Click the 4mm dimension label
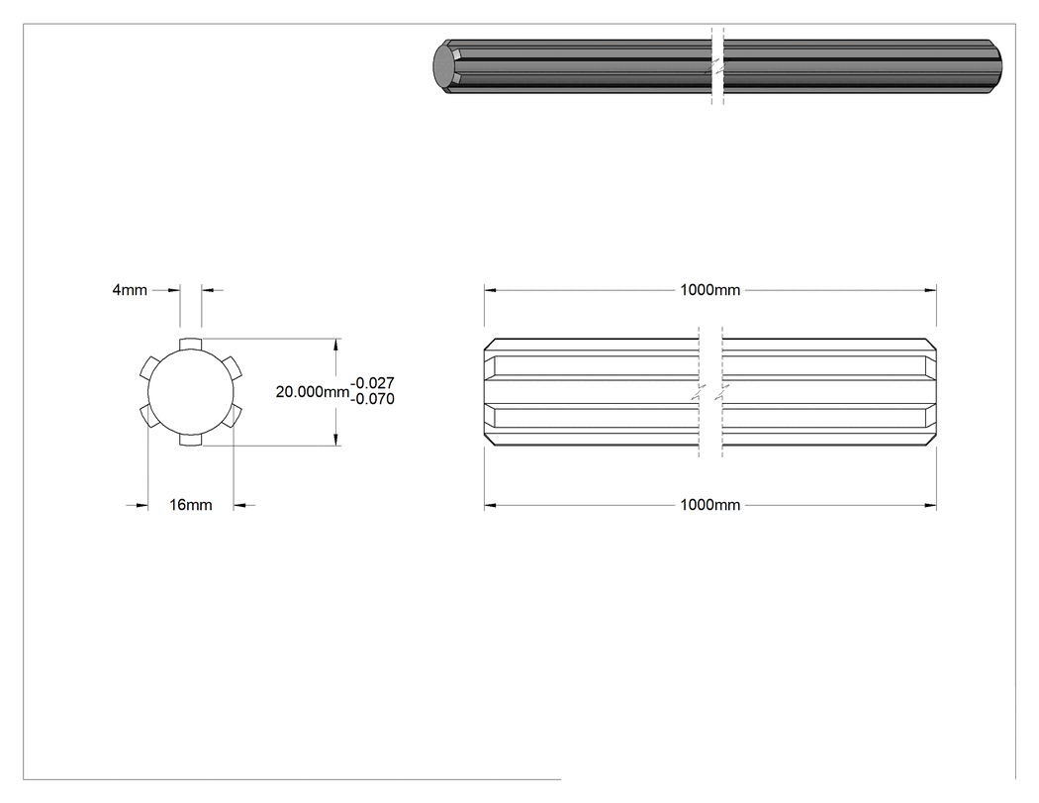(130, 290)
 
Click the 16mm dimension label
(190, 505)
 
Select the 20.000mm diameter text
(312, 392)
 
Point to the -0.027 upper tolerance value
(372, 383)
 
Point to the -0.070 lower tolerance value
(372, 399)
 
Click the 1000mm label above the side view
(709, 290)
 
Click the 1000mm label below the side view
(709, 505)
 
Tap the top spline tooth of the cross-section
(190, 344)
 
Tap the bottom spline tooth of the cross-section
(190, 441)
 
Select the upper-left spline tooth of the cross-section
(149, 366)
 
